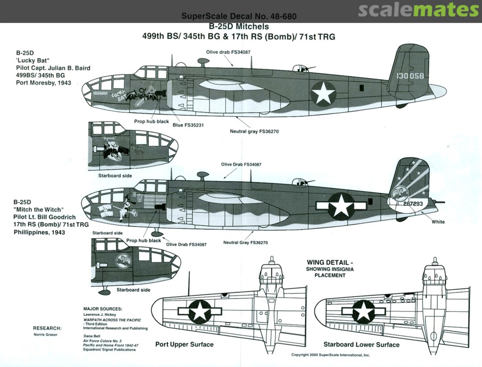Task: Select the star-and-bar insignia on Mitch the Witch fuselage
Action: (x=341, y=205)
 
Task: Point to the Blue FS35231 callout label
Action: (x=188, y=125)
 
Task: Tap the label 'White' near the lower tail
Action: (x=438, y=222)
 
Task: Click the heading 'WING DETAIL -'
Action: (x=329, y=262)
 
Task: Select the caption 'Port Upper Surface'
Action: (x=184, y=344)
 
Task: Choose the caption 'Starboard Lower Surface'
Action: (x=361, y=344)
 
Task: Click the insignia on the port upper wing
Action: (x=199, y=311)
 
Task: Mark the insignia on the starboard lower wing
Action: (x=365, y=311)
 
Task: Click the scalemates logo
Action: (x=418, y=10)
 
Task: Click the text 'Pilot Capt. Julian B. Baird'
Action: (x=53, y=68)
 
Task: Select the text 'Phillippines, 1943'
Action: (x=39, y=232)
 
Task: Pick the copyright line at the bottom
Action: (x=330, y=354)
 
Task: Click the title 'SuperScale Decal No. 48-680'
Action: (x=239, y=17)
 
